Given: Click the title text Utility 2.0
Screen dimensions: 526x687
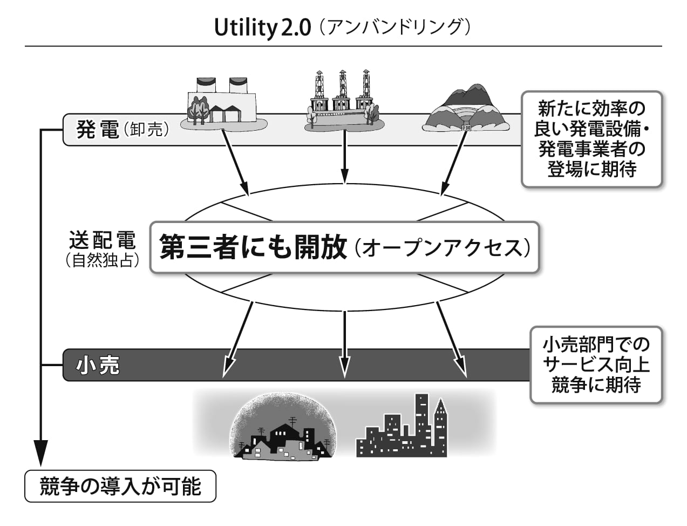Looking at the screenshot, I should point(262,28).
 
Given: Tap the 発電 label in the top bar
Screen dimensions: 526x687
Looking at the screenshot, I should point(97,130).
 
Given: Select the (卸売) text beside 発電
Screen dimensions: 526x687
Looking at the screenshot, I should point(145,130).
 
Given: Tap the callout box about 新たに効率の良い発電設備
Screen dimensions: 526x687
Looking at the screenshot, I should point(591,139).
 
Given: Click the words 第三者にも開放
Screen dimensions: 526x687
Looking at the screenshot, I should point(254,248).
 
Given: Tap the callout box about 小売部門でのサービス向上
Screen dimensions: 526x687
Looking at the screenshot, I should point(595,365).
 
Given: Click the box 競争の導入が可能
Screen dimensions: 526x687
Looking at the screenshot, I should point(120,487).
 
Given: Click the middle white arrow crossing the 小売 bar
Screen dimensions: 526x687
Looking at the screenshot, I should point(344,346).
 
